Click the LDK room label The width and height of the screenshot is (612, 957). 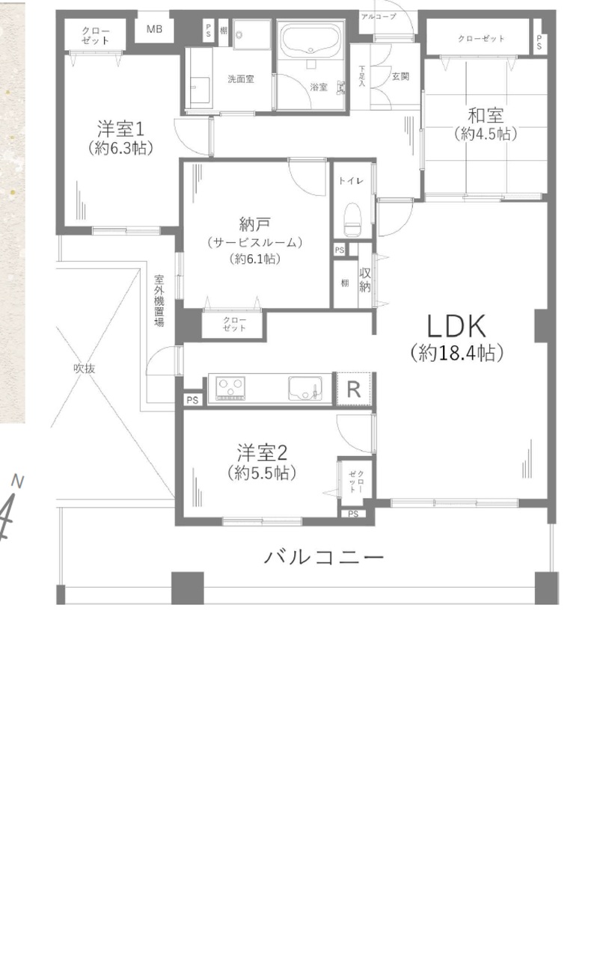(456, 326)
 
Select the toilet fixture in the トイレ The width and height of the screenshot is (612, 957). (352, 218)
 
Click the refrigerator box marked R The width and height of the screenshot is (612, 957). (354, 390)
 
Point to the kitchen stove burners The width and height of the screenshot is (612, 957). (230, 388)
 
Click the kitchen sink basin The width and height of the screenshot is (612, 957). (305, 388)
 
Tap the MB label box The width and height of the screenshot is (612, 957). (154, 29)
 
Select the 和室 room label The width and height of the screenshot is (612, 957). (486, 115)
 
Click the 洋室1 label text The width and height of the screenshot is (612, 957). (120, 129)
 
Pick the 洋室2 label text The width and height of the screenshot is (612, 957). (263, 452)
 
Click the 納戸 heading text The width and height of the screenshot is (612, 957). (254, 224)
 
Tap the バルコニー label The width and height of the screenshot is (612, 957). (323, 557)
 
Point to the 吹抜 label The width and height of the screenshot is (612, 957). (84, 369)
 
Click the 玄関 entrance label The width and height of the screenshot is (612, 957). (400, 76)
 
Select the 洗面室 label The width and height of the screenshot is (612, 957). (241, 79)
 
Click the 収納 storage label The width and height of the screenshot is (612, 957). (364, 280)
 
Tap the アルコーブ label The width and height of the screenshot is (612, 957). (379, 16)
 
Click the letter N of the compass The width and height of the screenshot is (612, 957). (17, 481)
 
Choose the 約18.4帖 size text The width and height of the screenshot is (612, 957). (457, 353)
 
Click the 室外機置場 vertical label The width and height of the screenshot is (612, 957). (159, 301)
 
